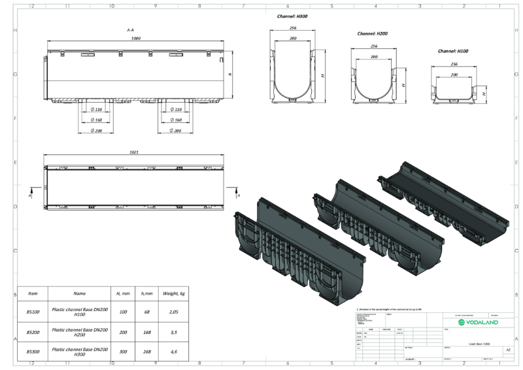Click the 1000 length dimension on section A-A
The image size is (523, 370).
pos(137,39)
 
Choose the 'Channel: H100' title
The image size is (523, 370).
pos(454,51)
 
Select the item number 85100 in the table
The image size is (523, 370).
pos(33,313)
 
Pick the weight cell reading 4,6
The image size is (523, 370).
pos(175,352)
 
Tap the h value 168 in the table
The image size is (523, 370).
pos(146,333)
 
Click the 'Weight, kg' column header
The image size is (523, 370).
pos(175,294)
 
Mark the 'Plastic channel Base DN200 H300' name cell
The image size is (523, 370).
pos(80,352)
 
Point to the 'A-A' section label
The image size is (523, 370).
pos(131,30)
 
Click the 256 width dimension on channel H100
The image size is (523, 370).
pos(454,64)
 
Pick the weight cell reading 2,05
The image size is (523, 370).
pos(175,313)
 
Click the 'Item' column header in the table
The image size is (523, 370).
pos(33,294)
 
